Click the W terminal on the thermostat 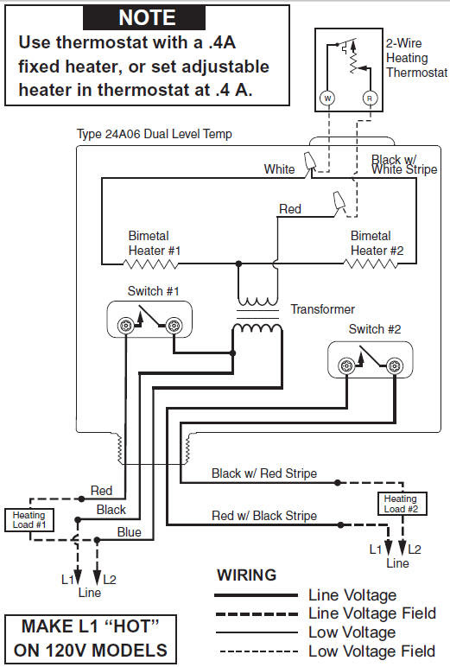click(327, 98)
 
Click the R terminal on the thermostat click(370, 98)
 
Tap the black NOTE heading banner click(144, 17)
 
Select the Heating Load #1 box click(29, 520)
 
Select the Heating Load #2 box click(402, 504)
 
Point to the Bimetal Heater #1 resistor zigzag click(150, 264)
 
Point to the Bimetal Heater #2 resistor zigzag click(371, 264)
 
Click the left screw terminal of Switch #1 click(125, 326)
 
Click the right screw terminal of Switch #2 click(395, 365)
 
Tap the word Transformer click(322, 309)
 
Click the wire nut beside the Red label click(339, 202)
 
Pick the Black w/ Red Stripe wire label click(264, 473)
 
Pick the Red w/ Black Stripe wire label click(264, 516)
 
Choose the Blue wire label click(130, 532)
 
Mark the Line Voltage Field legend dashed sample click(257, 613)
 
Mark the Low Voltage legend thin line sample click(257, 632)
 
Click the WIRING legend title click(247, 575)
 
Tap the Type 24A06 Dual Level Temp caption click(155, 134)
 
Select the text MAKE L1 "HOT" click(91, 626)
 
